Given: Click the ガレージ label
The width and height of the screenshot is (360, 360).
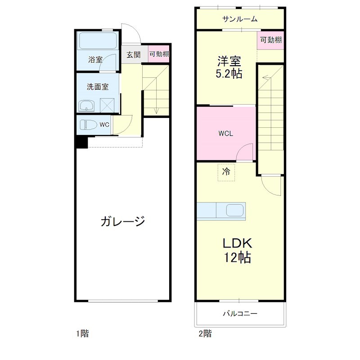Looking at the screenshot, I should coord(122,221).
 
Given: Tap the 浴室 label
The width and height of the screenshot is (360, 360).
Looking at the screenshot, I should coord(95,59).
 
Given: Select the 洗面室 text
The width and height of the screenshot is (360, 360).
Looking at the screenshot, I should coord(97,87).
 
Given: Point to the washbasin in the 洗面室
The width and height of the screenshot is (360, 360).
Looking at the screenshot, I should coord(87,106).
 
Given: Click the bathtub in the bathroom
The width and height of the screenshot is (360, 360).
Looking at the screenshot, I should coord(98,41).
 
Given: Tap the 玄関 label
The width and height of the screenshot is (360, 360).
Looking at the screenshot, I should coord(133,55).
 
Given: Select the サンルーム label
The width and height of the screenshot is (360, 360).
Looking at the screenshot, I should coord(240,19).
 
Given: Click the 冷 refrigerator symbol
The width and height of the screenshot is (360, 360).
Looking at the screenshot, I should coord(226,171).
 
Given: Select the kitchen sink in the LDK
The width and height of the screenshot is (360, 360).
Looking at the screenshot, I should coord(234,211).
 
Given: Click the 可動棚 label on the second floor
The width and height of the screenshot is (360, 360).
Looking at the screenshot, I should coord(271,40).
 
